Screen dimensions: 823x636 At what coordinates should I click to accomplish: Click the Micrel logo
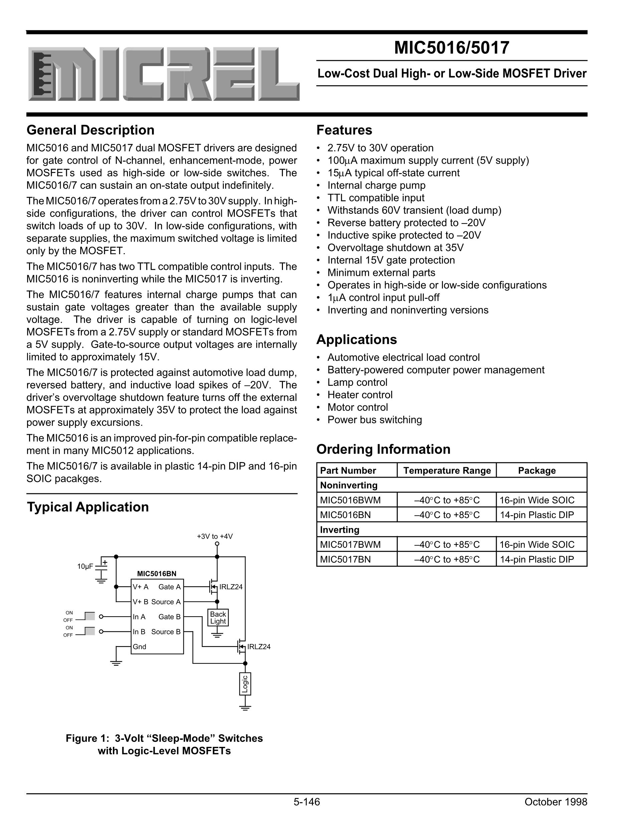pyautogui.click(x=164, y=74)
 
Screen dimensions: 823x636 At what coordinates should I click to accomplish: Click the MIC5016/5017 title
pyautogui.click(x=451, y=48)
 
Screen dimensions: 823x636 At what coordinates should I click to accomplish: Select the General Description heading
pyautogui.click(x=91, y=130)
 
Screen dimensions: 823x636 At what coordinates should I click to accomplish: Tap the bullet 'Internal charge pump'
pyautogui.click(x=376, y=185)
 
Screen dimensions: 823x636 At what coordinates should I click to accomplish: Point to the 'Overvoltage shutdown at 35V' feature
pyautogui.click(x=395, y=248)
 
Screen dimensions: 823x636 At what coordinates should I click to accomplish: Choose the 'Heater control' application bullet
pyautogui.click(x=360, y=394)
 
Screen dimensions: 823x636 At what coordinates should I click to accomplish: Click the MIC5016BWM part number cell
pyautogui.click(x=350, y=500)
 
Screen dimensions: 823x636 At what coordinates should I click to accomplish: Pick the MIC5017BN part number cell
pyautogui.click(x=345, y=559)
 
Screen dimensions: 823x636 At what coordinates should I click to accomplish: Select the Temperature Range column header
pyautogui.click(x=447, y=470)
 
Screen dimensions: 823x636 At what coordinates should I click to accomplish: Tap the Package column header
pyautogui.click(x=536, y=470)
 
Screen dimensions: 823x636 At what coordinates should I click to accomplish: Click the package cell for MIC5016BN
pyautogui.click(x=536, y=515)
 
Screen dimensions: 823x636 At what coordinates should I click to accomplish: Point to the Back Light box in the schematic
pyautogui.click(x=218, y=618)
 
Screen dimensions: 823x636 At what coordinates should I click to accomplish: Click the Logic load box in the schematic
pyautogui.click(x=245, y=684)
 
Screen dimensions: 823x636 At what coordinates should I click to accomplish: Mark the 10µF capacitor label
pyautogui.click(x=85, y=566)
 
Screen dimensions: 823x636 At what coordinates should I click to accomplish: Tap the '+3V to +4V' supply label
pyautogui.click(x=215, y=536)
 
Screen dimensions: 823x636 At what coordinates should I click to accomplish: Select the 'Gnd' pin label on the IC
pyautogui.click(x=139, y=647)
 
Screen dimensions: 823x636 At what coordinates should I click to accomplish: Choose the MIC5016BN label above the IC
pyautogui.click(x=157, y=574)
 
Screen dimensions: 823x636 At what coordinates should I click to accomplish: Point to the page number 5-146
pyautogui.click(x=307, y=802)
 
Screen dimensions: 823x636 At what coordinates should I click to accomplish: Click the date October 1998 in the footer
pyautogui.click(x=555, y=802)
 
